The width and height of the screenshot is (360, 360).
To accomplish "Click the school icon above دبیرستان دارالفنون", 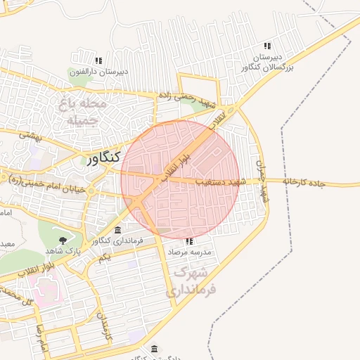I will coord(98,60).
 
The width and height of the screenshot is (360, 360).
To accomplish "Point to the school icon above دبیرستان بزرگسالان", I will coord(266,45).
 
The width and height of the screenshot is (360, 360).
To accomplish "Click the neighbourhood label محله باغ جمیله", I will coord(86,112).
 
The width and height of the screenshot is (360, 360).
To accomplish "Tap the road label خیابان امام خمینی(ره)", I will coord(45,185).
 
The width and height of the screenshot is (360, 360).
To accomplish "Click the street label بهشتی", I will coord(31,134).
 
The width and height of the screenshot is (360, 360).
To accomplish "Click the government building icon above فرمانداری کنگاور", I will coord(117,231).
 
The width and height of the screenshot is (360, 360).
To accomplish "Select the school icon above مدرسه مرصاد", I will coord(188,241).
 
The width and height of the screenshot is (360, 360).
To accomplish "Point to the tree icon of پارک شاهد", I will coord(64,240).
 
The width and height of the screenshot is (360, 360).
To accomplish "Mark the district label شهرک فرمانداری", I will coord(193,279).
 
